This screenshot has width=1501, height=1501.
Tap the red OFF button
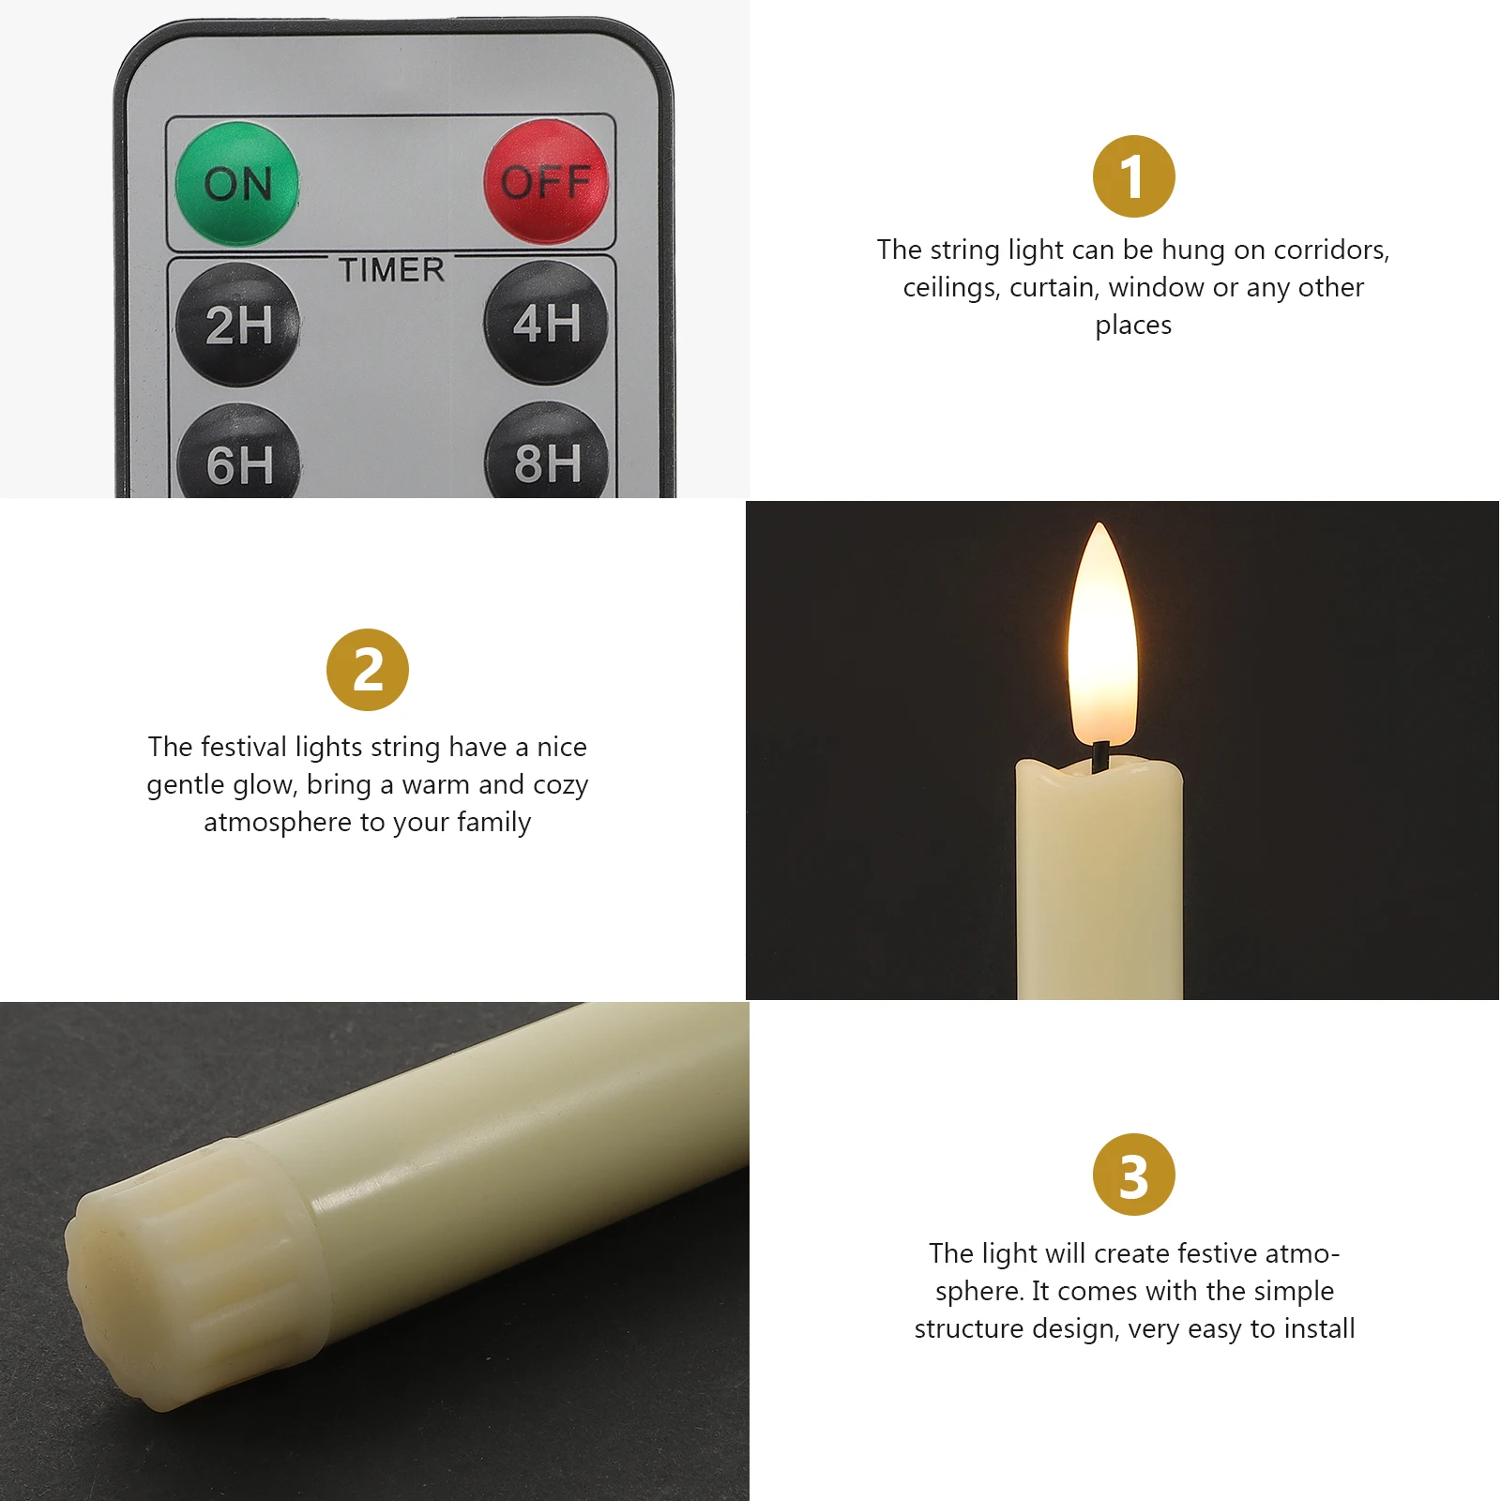coord(546,181)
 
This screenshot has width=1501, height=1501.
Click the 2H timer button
coord(238,325)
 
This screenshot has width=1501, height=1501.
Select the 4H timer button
coord(546,323)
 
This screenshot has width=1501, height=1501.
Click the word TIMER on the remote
coord(391,270)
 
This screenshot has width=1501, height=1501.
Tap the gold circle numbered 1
coord(1133,176)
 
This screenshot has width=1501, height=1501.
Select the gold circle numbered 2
coord(368,670)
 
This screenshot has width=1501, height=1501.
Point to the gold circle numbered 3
coord(1133,1175)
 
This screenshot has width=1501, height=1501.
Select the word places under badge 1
coord(1133,326)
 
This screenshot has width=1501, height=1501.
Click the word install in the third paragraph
coord(1319,1328)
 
